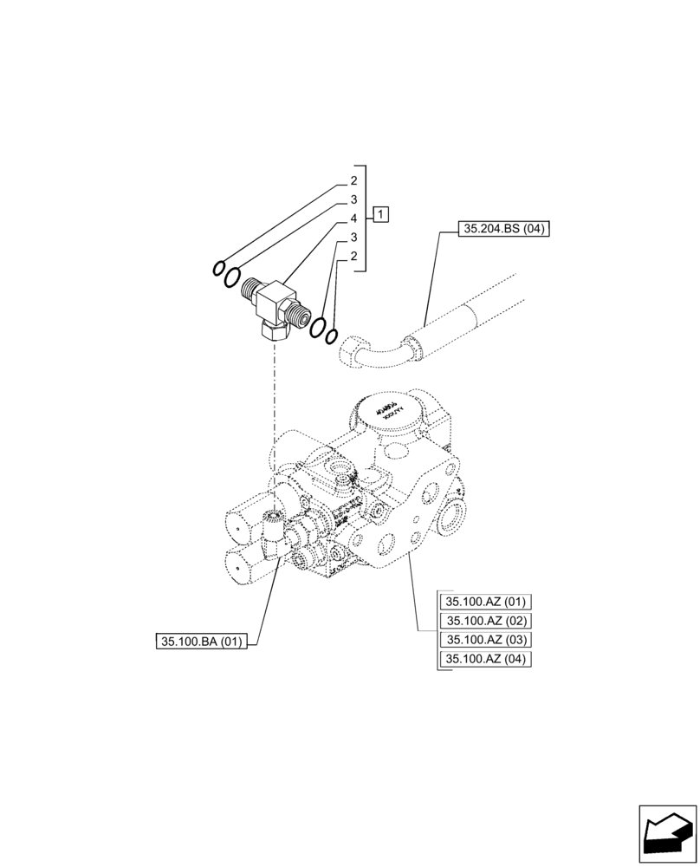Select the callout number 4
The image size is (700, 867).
click(353, 218)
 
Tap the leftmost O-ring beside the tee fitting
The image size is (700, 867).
click(219, 268)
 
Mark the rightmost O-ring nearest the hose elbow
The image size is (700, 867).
click(331, 335)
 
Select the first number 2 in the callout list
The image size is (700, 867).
click(353, 181)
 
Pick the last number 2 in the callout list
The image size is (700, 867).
click(353, 257)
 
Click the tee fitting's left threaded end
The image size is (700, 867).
click(253, 290)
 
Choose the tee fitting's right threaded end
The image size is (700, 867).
click(303, 316)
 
